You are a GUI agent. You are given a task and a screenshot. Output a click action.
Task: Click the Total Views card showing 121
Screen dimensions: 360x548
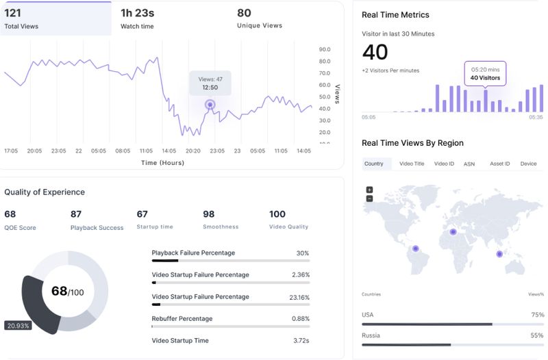tap(56, 18)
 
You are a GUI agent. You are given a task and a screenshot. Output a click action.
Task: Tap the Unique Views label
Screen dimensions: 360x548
tap(259, 26)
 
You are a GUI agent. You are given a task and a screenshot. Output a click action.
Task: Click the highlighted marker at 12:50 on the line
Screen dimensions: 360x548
tap(210, 105)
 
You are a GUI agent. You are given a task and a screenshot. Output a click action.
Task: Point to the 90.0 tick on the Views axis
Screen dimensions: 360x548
tap(325, 49)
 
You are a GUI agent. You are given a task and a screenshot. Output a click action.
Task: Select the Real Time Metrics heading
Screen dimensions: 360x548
tap(395, 15)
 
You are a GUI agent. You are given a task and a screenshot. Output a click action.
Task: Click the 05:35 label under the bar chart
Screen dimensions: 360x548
tap(536, 117)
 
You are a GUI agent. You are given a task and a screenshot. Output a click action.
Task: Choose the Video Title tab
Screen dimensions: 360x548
tap(412, 164)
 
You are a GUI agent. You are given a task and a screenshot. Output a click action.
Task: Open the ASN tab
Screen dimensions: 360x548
tap(469, 164)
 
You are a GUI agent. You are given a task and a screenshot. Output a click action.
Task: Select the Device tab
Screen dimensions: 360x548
tap(528, 164)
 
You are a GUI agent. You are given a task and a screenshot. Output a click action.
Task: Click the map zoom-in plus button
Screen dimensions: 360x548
tap(369, 190)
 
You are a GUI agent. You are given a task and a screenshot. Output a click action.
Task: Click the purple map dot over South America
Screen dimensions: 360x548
tap(415, 248)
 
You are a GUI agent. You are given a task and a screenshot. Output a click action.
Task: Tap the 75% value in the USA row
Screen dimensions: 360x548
tap(536, 315)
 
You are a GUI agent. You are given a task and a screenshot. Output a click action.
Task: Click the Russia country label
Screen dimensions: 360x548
tap(371, 335)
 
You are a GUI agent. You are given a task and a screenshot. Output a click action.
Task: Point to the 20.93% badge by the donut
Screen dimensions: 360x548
tap(18, 325)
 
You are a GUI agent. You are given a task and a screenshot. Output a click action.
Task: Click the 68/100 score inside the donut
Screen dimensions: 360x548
tap(67, 292)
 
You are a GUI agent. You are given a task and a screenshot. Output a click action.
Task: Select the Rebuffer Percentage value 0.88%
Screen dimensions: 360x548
tap(300, 318)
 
